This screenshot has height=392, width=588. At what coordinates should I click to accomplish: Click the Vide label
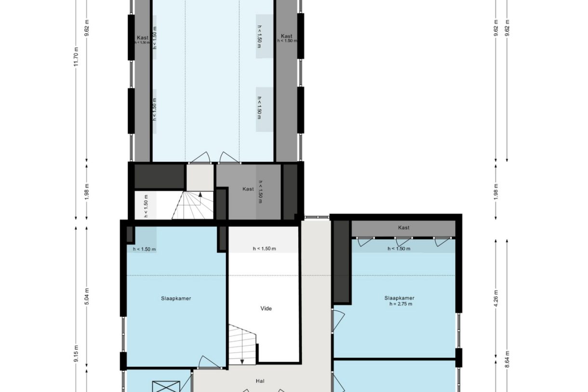click(266, 309)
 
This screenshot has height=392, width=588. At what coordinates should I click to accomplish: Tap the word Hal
click(260, 381)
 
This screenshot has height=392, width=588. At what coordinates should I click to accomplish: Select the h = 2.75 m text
click(401, 304)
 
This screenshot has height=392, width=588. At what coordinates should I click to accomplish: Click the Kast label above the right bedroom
click(403, 228)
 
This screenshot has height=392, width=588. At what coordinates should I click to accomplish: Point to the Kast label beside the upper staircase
click(248, 189)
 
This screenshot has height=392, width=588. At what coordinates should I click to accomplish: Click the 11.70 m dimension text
click(76, 57)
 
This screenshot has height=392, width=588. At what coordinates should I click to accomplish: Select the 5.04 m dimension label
click(87, 297)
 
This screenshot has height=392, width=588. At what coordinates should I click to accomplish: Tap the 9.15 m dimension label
click(76, 353)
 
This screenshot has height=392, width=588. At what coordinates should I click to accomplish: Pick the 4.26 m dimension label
click(496, 298)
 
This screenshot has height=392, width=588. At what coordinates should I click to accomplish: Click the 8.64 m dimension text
click(507, 359)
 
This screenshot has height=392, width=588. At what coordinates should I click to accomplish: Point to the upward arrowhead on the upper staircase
click(200, 195)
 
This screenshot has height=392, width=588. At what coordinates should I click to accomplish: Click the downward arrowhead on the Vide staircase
click(242, 362)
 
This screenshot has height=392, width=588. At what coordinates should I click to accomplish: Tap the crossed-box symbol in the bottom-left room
click(166, 387)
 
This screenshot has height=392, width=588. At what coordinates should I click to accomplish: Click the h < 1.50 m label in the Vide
click(264, 249)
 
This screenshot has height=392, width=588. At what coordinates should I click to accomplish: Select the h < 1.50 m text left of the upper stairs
click(146, 206)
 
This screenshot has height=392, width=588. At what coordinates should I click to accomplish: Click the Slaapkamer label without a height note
click(176, 298)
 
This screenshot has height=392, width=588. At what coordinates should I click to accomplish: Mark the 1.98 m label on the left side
click(87, 192)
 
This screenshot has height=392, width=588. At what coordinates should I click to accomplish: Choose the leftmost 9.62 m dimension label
click(87, 28)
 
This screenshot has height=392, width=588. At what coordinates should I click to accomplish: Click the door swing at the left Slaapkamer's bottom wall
click(209, 362)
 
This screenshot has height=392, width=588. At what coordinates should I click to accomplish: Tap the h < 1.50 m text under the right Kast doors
click(399, 249)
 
